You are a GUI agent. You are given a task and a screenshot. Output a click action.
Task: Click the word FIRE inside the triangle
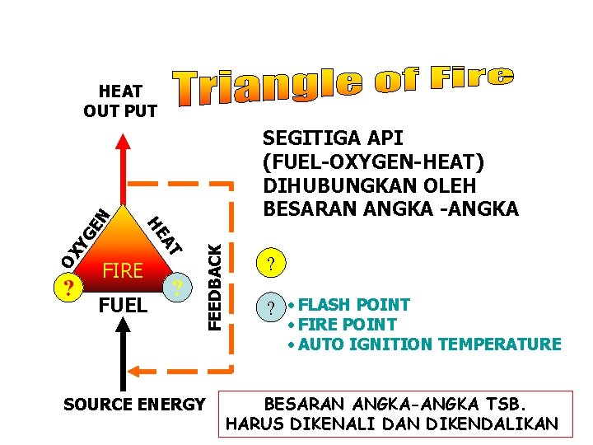point(123,270)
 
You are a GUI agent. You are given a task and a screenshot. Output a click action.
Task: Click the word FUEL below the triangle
point(123,306)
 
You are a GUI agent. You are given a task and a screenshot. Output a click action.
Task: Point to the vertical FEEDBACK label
point(213,280)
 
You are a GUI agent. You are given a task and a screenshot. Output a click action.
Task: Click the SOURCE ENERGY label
point(133,404)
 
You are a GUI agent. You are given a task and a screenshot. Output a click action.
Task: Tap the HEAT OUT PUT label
point(120,101)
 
